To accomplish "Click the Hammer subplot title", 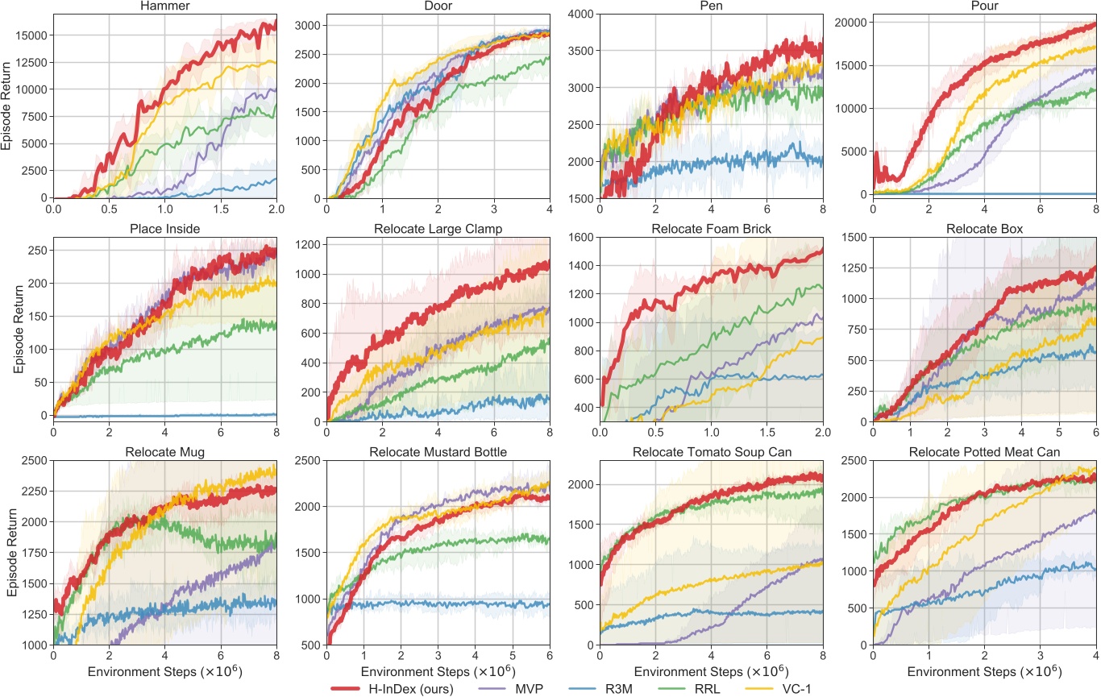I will tap(164, 6).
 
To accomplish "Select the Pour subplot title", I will tap(984, 6).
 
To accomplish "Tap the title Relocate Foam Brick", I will tap(711, 228).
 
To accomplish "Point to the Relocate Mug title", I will tap(164, 451).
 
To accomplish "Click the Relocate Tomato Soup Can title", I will tap(711, 451).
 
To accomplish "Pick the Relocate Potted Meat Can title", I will tap(984, 451).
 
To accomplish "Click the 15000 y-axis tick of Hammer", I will tap(31, 35).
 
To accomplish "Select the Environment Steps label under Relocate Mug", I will tap(164, 670).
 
